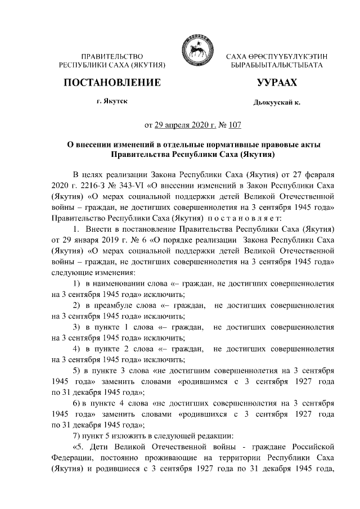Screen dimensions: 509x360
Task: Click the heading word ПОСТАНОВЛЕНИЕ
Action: point(112,83)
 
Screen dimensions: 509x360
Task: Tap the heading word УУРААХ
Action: point(277,83)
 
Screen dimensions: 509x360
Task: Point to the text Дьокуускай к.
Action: point(277,103)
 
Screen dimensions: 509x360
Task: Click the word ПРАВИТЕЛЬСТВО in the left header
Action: point(112,57)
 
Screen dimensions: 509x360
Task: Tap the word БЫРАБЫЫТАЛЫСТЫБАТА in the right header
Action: point(276,66)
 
